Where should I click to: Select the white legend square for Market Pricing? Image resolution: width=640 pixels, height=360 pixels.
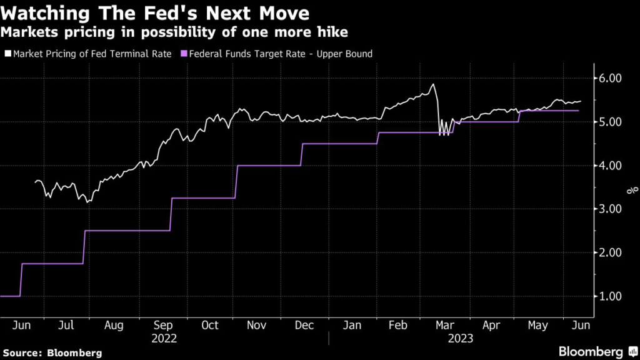pos(7,54)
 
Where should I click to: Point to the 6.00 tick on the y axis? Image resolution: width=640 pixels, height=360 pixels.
pos(609,79)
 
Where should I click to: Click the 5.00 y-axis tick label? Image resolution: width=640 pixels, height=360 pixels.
pos(609,122)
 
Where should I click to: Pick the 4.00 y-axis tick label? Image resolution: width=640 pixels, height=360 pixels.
pos(609,166)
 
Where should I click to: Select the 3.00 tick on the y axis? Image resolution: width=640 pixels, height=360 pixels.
pos(609,209)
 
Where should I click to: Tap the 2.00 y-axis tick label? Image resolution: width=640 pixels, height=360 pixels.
pos(609,252)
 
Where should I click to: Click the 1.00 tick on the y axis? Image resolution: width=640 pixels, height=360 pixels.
pos(609,296)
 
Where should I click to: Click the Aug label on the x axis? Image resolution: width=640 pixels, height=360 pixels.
pos(113,325)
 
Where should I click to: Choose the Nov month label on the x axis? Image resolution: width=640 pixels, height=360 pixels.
pos(256,325)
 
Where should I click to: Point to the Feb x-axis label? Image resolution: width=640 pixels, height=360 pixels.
pos(399,325)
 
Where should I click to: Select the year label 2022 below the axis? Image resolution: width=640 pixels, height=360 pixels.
pos(164,339)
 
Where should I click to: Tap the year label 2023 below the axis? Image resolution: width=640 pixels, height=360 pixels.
pos(460,339)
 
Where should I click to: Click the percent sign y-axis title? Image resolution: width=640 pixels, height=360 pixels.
pos(632,189)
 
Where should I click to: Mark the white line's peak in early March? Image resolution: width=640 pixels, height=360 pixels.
pos(432,84)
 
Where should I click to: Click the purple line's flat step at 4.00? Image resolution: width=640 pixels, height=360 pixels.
pos(269,166)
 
